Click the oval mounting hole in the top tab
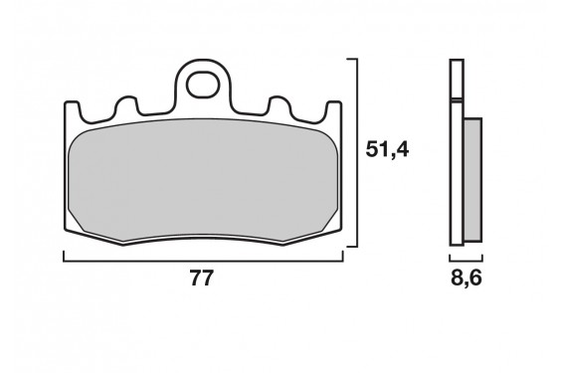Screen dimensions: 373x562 [x=205, y=81]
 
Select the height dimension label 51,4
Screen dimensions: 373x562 [x=388, y=150]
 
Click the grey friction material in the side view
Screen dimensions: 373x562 [x=472, y=180]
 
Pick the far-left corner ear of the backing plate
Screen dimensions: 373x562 [x=72, y=107]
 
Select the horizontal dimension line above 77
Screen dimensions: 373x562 [x=204, y=260]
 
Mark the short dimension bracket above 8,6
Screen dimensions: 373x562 [x=466, y=260]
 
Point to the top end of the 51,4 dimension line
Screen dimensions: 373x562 [x=351, y=60]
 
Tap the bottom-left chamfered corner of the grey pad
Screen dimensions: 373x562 [x=89, y=226]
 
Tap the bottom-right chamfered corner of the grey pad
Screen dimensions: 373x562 [x=320, y=226]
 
